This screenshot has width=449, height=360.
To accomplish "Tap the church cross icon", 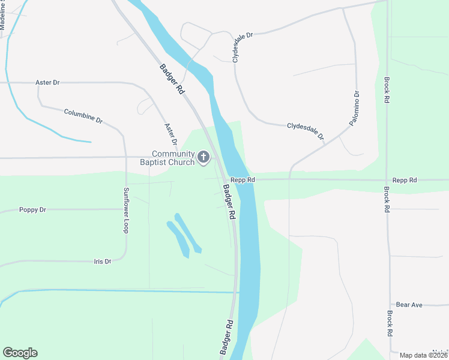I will click(x=203, y=158).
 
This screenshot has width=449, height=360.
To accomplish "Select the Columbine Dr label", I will click(x=83, y=116).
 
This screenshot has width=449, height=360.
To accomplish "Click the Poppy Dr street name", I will click(x=32, y=210).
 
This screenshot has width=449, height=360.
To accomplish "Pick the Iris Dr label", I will click(x=103, y=262).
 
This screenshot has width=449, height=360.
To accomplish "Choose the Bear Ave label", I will click(x=409, y=305).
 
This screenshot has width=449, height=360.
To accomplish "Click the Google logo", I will click(x=20, y=353).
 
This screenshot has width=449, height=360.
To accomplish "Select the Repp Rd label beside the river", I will click(x=243, y=179).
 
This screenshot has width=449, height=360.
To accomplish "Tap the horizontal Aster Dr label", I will click(x=47, y=82).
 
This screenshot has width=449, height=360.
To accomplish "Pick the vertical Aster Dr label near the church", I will click(x=170, y=135).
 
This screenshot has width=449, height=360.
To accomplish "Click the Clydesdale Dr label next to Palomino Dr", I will click(x=305, y=131).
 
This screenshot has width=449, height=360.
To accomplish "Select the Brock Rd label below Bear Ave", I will click(x=390, y=323).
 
